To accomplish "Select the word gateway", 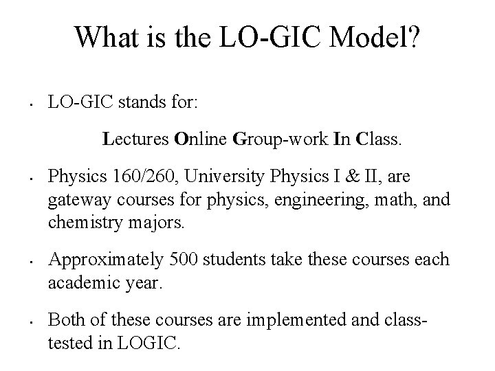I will click(75, 201).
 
